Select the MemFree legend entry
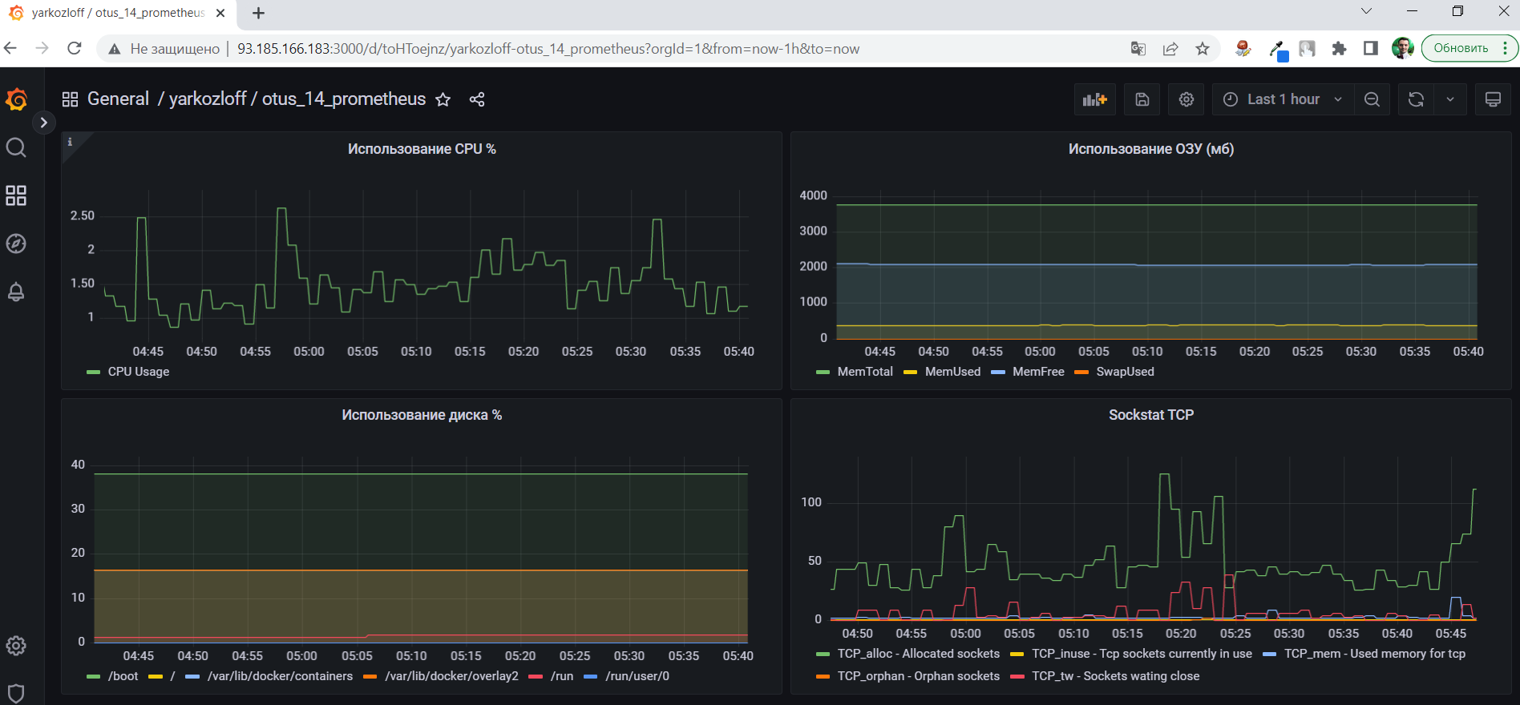pos(1037,372)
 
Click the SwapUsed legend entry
pos(1124,372)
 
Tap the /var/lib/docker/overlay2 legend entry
pos(451,676)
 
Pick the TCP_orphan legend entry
pos(918,676)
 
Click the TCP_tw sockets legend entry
pos(1114,676)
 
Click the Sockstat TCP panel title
pos(1150,415)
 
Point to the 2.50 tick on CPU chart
pos(83,216)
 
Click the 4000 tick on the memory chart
pos(813,195)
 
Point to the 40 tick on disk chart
pos(78,465)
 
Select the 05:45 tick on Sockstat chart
pos(1450,634)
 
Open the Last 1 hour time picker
pos(1282,99)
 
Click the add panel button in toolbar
pos(1094,99)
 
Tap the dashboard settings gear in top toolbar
pos(1186,99)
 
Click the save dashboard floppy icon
pos(1142,99)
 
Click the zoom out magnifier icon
pos(1372,99)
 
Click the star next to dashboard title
pos(443,99)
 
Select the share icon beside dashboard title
pos(477,99)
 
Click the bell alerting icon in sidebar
pos(16,292)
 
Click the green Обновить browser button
pos(1461,48)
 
